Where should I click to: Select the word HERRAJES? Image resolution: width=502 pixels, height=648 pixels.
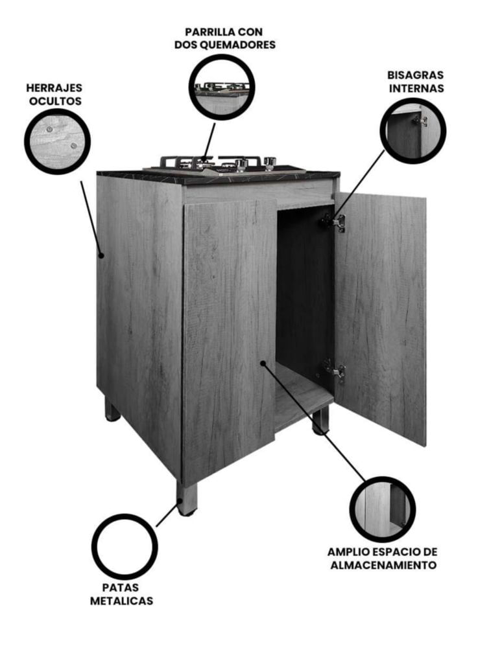(54, 87)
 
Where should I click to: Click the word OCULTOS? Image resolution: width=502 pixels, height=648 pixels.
(55, 101)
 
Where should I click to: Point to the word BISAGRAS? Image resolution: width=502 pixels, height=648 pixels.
(415, 75)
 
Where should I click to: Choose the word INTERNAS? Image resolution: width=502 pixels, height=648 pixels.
(416, 88)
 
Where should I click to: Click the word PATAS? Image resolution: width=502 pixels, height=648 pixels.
(121, 587)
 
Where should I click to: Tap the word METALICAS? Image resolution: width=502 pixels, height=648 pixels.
(121, 601)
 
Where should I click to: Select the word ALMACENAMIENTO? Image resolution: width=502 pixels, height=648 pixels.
(383, 564)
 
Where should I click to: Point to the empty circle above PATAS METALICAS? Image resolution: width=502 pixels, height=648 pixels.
(93, 547)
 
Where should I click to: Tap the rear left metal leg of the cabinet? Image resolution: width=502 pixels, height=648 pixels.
(112, 409)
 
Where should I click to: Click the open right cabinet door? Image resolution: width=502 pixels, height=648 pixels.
(381, 318)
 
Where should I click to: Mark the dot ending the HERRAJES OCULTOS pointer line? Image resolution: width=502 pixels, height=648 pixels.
(101, 256)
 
